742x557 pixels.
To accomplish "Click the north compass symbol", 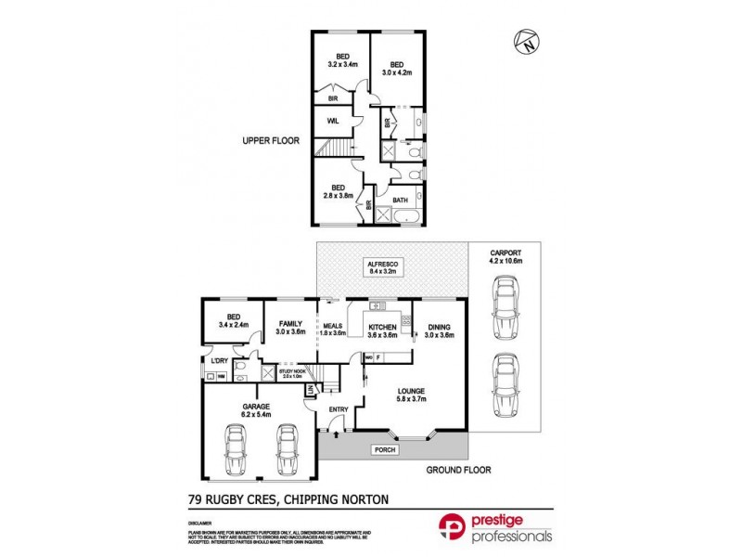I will (x=526, y=41).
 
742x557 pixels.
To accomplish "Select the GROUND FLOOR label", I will (x=457, y=470).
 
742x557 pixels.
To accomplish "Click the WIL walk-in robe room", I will (x=332, y=122).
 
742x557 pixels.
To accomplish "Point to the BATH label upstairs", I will (x=400, y=200).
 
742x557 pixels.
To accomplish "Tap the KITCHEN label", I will (x=383, y=328).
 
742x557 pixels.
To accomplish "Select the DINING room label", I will (x=439, y=327).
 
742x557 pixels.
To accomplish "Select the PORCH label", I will (x=382, y=450).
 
